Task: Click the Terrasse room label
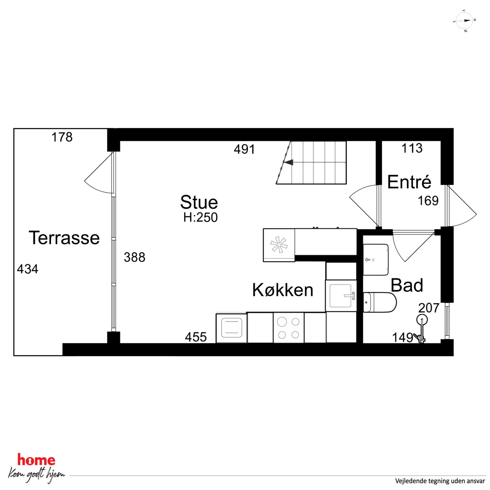point(64,238)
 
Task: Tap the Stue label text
point(199,202)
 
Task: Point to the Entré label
point(409,182)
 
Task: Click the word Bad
point(407,285)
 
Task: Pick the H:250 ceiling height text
point(201,218)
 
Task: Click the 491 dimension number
point(244,149)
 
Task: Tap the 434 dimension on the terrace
point(28,269)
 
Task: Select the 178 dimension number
point(62,137)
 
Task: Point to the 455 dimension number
point(196,337)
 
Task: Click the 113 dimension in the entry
point(412,148)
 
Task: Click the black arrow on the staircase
point(288,162)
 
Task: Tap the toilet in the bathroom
point(380,302)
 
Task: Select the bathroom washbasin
point(376,260)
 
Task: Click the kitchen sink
point(341,296)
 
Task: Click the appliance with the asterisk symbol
point(279,245)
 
